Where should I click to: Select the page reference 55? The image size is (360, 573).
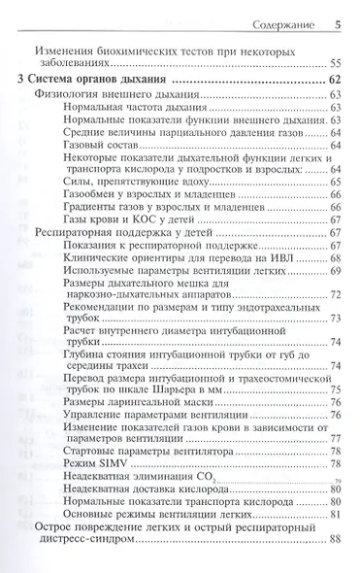pyautogui.click(x=334, y=62)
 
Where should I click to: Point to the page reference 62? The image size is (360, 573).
pyautogui.click(x=334, y=80)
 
